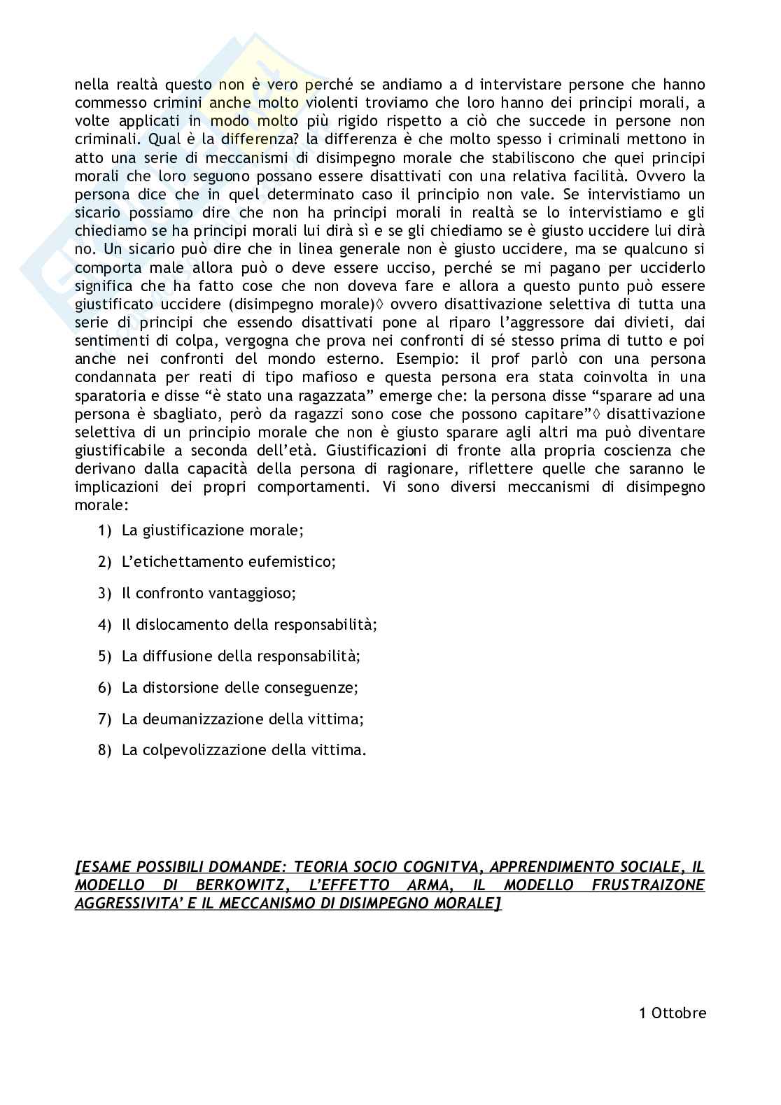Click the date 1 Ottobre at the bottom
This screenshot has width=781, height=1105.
point(673,1013)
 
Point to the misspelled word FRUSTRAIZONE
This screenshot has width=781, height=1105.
point(648,885)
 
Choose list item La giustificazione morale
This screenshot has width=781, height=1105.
point(212,530)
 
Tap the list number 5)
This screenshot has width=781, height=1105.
point(105,656)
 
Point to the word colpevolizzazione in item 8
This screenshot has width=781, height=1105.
point(203,750)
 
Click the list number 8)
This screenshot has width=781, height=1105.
point(105,750)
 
